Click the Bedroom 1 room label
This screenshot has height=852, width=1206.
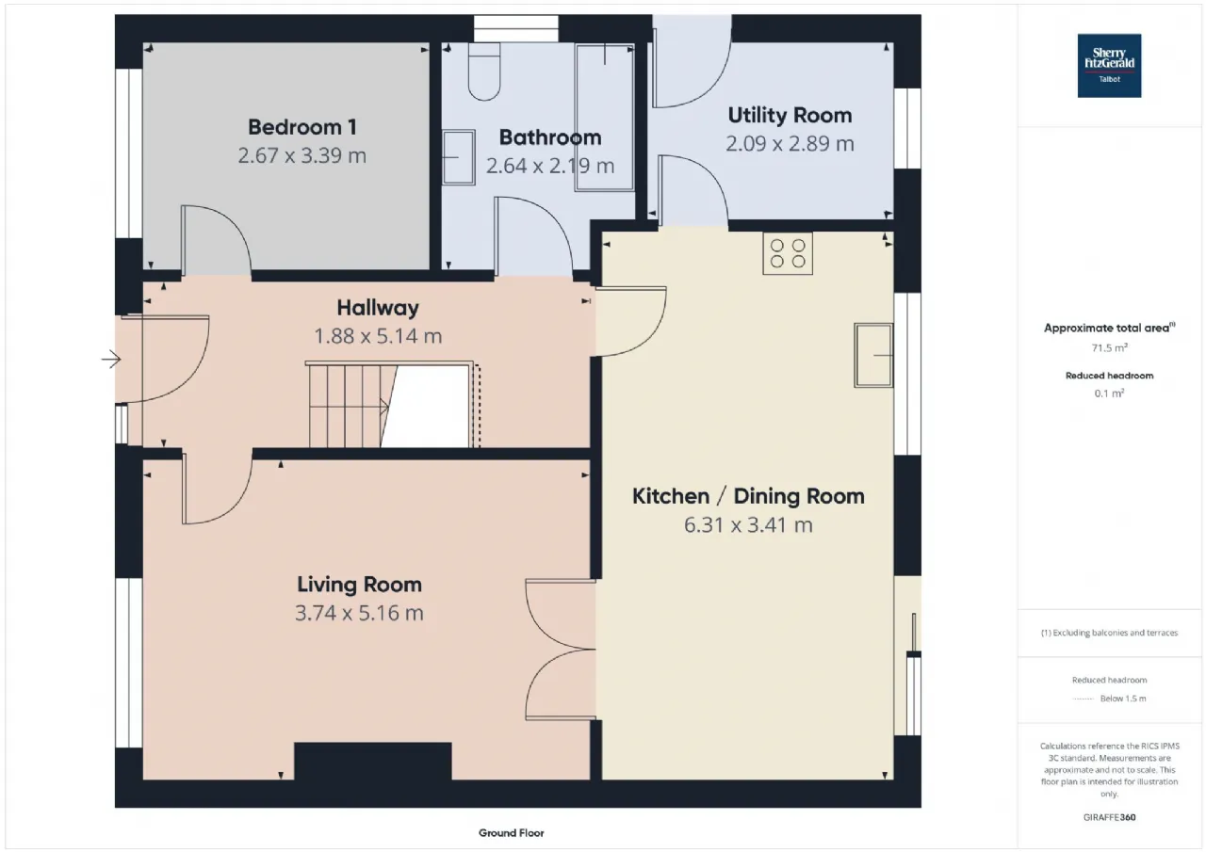tap(302, 127)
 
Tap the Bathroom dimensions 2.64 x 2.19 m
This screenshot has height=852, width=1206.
tap(549, 166)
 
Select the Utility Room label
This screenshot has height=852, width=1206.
tap(790, 115)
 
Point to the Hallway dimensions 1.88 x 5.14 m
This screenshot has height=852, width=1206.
tap(378, 336)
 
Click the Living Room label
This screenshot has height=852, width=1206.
tap(359, 585)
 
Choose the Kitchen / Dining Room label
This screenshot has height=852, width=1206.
tap(748, 496)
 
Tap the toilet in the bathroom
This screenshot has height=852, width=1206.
tap(484, 72)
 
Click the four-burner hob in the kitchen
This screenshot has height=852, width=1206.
tap(788, 253)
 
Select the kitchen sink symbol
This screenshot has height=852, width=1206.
tap(873, 355)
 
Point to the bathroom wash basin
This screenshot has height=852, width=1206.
tap(459, 157)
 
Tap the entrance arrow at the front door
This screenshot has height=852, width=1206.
tap(111, 359)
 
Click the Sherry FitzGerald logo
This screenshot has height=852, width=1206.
tap(1109, 66)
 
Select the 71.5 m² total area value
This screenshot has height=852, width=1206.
tap(1110, 348)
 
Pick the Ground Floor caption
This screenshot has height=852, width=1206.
tap(511, 833)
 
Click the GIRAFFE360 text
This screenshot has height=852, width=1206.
tap(1109, 817)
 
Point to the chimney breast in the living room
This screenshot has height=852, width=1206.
tap(372, 761)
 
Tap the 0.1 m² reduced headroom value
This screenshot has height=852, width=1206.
tap(1110, 394)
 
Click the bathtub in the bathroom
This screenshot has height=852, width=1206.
tap(605, 118)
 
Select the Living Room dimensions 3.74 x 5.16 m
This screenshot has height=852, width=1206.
tap(359, 613)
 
